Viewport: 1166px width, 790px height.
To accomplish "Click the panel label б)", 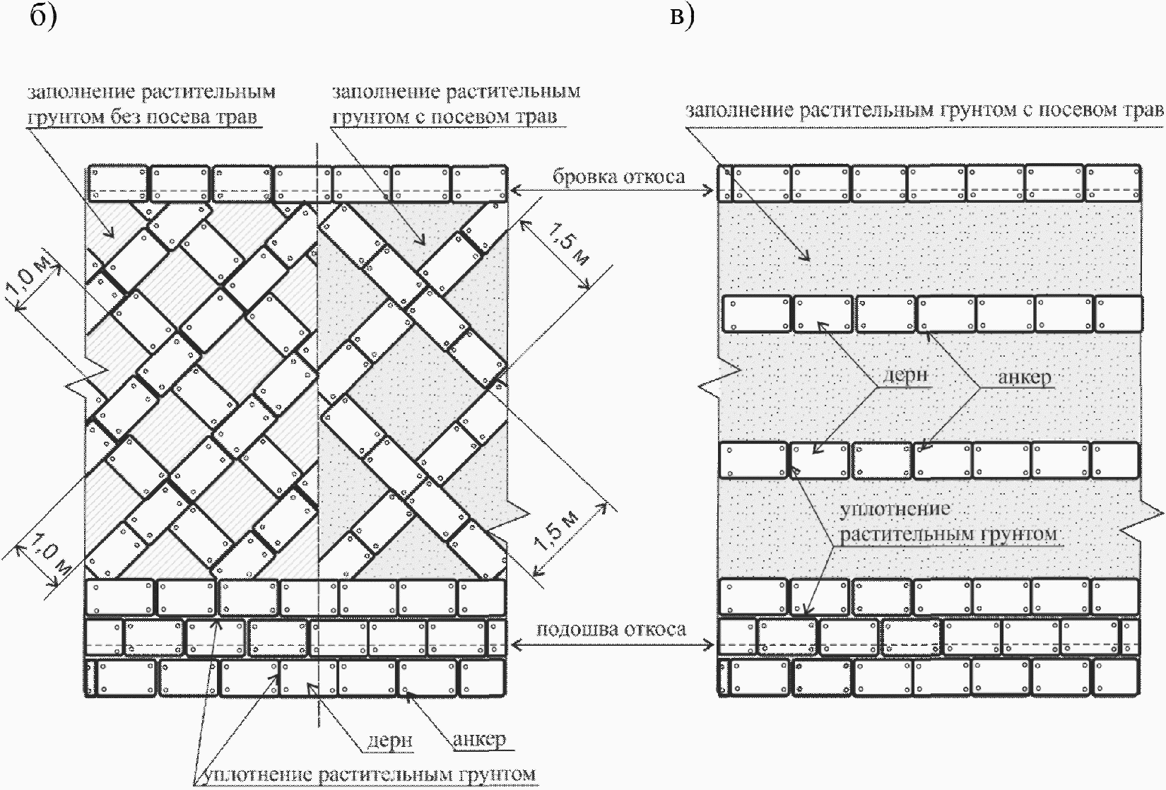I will coord(42,16).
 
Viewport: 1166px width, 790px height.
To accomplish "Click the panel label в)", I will coord(681,16).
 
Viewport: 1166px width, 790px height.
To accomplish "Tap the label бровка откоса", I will coord(618,176).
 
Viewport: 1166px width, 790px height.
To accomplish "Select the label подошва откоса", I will coord(611,629).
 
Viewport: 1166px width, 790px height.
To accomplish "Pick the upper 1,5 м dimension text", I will coord(570,247).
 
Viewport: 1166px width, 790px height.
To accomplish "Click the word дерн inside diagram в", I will coord(906,375).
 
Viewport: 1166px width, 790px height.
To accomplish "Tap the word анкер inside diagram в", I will coord(1024,377).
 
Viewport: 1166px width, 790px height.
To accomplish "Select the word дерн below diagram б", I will coord(389,740).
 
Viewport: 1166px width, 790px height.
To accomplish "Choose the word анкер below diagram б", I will coord(479,739).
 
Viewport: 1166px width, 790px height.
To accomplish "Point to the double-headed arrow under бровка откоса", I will coord(612,190).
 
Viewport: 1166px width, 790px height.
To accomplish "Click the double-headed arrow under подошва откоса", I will coord(612,643).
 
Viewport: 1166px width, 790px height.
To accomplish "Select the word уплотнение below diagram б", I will coord(252,775).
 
